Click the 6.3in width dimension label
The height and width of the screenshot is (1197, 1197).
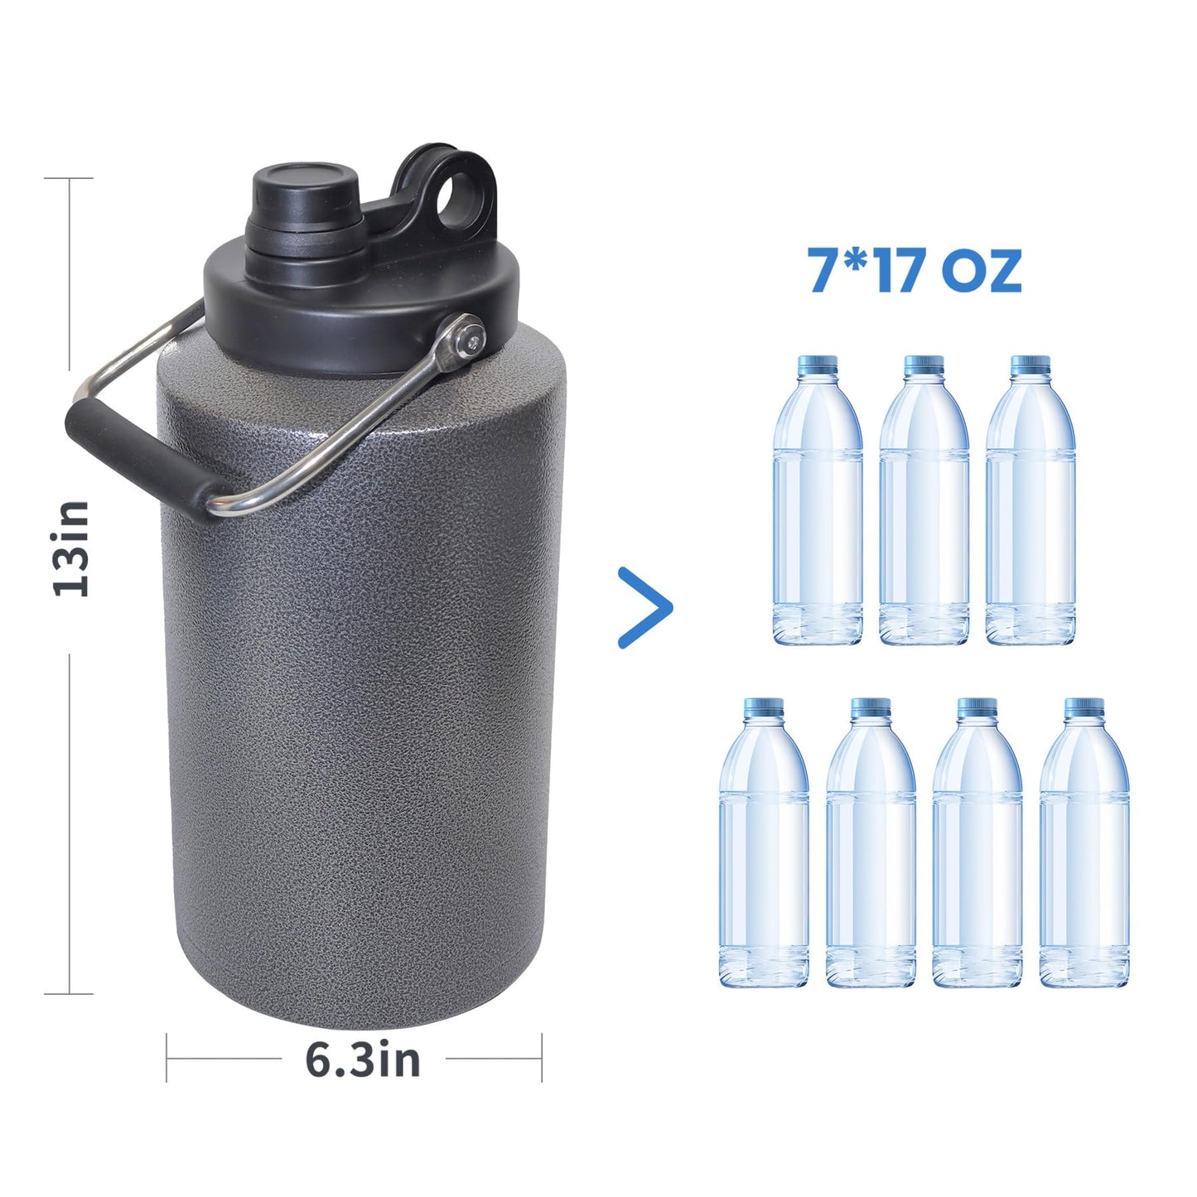[363, 1059]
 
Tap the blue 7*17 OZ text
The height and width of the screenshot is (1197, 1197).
[915, 270]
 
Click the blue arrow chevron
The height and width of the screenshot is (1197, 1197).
[646, 607]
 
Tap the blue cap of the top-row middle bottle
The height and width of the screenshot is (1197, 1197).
[924, 365]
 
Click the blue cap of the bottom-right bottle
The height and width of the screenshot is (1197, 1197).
[1084, 707]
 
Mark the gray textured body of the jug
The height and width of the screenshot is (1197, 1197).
[356, 704]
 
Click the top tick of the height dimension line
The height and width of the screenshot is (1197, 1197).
[70, 178]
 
